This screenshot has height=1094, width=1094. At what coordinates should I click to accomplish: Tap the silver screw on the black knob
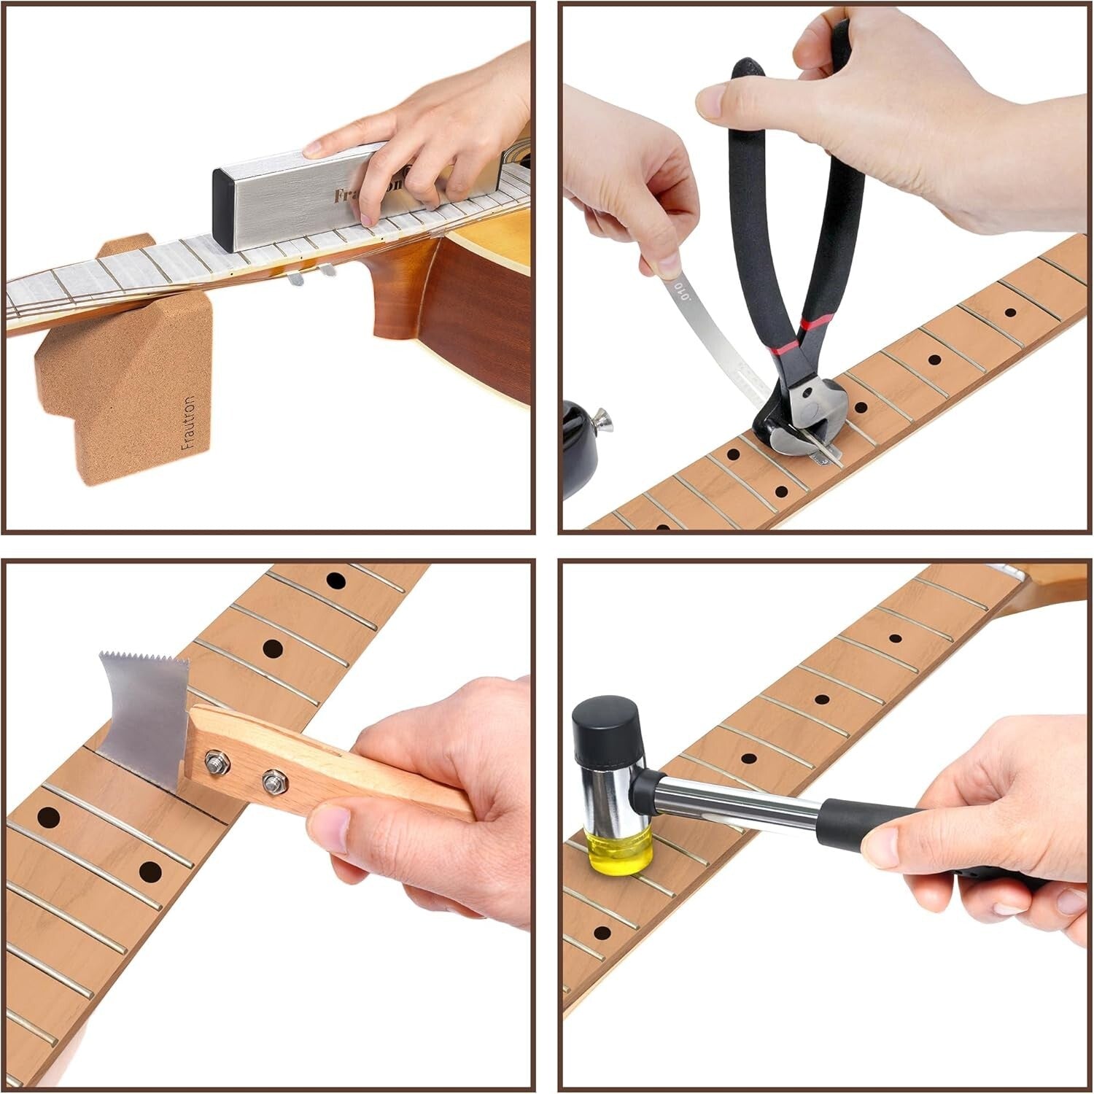[x=603, y=419]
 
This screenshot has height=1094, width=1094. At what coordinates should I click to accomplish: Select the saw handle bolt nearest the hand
[x=273, y=779]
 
